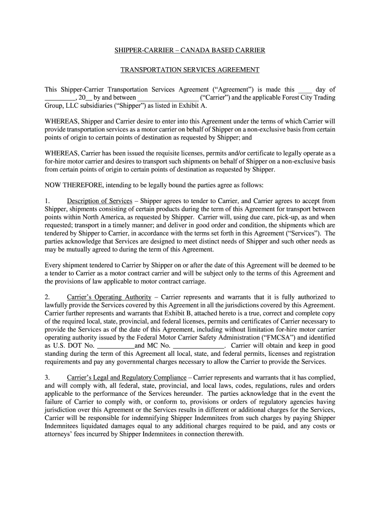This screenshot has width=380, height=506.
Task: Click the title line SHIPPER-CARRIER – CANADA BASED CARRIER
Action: [190, 50]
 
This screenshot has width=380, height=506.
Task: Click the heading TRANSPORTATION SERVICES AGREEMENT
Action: [190, 70]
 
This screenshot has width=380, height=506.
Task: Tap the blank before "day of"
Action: [304, 90]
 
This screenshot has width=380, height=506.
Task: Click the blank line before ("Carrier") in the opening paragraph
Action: [168, 98]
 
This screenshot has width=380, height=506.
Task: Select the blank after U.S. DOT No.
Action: [115, 345]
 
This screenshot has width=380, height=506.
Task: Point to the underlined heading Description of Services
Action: [100, 201]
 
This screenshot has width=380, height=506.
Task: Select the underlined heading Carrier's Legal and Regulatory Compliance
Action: [127, 378]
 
